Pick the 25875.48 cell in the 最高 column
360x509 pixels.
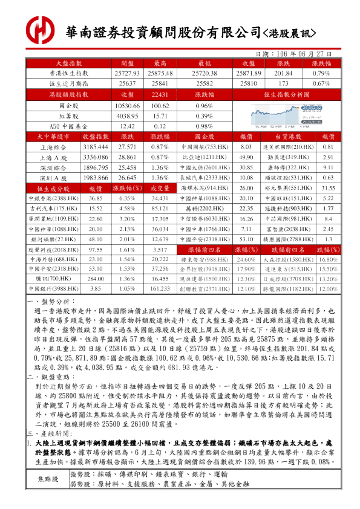click(160, 73)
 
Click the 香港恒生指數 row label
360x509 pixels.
click(68, 73)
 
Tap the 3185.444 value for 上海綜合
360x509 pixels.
click(95, 147)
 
